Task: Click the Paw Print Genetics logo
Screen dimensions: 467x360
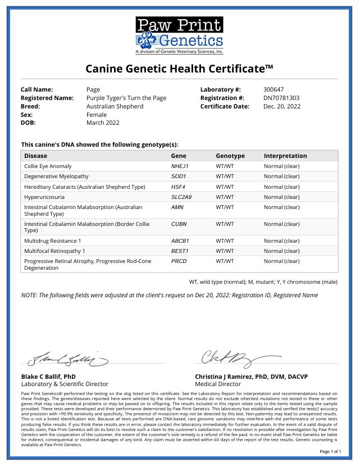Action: pyautogui.click(x=179, y=35)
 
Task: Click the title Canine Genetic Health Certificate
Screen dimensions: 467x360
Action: pyautogui.click(x=179, y=69)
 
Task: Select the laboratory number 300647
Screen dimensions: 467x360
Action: pyautogui.click(x=274, y=89)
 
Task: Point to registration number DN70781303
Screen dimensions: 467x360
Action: pyautogui.click(x=281, y=98)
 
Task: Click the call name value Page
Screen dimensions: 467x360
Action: pyautogui.click(x=93, y=89)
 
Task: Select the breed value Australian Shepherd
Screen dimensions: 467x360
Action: pyautogui.click(x=115, y=106)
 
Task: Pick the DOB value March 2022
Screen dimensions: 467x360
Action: pyautogui.click(x=103, y=123)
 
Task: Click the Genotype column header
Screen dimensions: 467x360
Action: pyautogui.click(x=230, y=156)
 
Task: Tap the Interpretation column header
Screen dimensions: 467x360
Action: pyautogui.click(x=285, y=156)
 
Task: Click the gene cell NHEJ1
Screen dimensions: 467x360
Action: pyautogui.click(x=180, y=166)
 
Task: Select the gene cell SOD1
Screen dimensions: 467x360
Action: pyautogui.click(x=179, y=176)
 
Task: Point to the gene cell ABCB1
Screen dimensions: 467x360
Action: pyautogui.click(x=180, y=241)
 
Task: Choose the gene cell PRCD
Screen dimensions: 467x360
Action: pyautogui.click(x=179, y=261)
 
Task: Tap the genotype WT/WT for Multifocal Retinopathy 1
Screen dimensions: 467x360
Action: pyautogui.click(x=225, y=251)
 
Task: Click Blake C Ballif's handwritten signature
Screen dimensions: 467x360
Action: pyautogui.click(x=66, y=358)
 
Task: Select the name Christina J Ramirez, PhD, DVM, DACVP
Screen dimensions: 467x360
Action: pyautogui.click(x=251, y=377)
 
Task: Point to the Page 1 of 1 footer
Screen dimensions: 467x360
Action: pyautogui.click(x=330, y=451)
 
